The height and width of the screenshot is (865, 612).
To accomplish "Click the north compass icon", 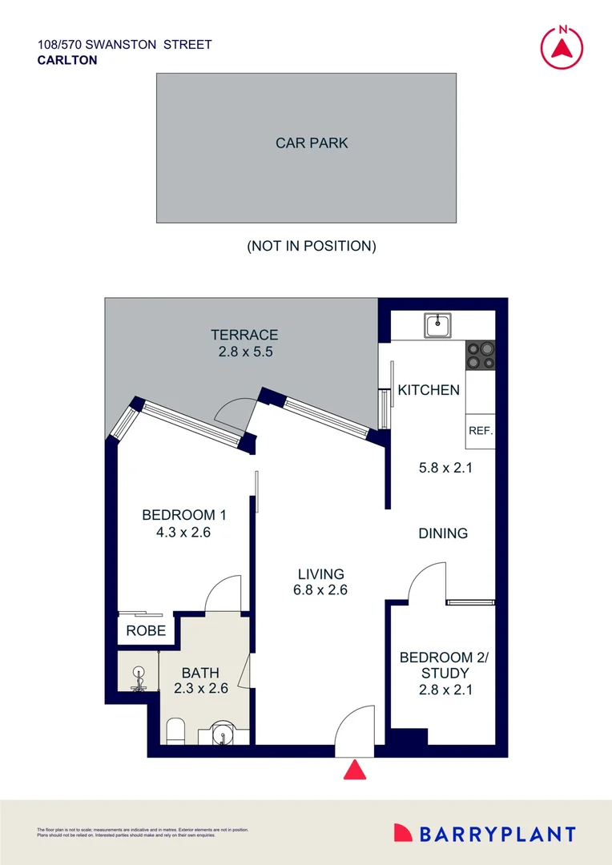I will click(x=562, y=46).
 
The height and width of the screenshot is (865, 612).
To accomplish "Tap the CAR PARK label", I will click(x=312, y=143).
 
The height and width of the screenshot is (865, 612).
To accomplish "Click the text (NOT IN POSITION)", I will click(x=311, y=246).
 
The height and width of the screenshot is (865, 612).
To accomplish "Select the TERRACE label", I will click(x=244, y=335).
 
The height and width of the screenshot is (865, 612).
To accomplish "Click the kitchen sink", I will click(x=438, y=325).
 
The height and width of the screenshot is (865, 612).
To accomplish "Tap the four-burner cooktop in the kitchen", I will click(x=480, y=356).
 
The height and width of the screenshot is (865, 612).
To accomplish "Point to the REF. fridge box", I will click(x=480, y=431).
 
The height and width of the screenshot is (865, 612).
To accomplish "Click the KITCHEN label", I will click(x=429, y=390).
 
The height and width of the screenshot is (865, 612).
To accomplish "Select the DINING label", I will click(x=443, y=533).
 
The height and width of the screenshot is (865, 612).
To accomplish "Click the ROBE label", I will click(x=146, y=631).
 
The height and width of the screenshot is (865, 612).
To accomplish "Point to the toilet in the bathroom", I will click(x=175, y=730).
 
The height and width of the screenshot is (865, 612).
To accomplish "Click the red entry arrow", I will click(x=355, y=770).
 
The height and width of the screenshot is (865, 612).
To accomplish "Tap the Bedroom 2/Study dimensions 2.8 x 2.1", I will click(x=443, y=688).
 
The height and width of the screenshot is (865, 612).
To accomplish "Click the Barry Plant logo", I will click(x=485, y=834).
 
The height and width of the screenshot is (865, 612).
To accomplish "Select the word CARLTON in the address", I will click(x=67, y=60).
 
